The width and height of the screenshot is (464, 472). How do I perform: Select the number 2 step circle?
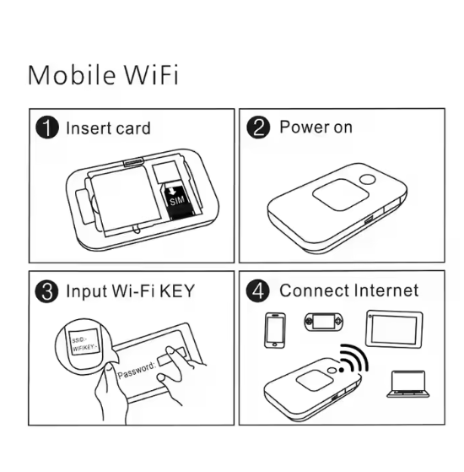(x=258, y=128)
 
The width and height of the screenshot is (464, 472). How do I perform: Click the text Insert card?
(x=108, y=128)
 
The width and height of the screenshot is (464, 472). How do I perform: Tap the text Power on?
(x=316, y=127)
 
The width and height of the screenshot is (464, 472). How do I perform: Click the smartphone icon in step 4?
(x=275, y=330)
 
